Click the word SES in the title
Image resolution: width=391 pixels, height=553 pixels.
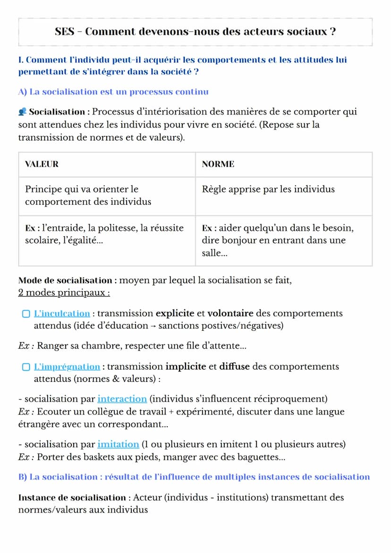(x=64, y=32)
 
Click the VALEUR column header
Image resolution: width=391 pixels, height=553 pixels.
(x=42, y=164)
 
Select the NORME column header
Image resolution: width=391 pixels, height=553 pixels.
(x=218, y=164)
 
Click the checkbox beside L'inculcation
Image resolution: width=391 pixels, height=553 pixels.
(x=26, y=314)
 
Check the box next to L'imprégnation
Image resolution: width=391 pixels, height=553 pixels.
(x=26, y=367)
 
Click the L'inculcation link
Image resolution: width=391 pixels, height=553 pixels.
(x=62, y=313)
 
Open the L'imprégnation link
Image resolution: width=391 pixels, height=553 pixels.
(x=67, y=367)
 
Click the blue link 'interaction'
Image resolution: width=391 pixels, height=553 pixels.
(x=122, y=399)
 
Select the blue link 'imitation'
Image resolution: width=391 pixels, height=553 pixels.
(x=118, y=444)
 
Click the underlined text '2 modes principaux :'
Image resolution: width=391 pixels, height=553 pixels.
(x=64, y=293)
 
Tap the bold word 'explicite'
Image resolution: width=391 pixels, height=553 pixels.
(x=175, y=313)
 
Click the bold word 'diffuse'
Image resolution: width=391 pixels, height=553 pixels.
(x=234, y=367)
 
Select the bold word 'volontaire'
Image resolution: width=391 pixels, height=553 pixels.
(x=230, y=313)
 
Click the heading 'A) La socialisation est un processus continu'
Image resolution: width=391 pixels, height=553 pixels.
(x=113, y=92)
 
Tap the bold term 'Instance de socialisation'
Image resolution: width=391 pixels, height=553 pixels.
(x=72, y=498)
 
